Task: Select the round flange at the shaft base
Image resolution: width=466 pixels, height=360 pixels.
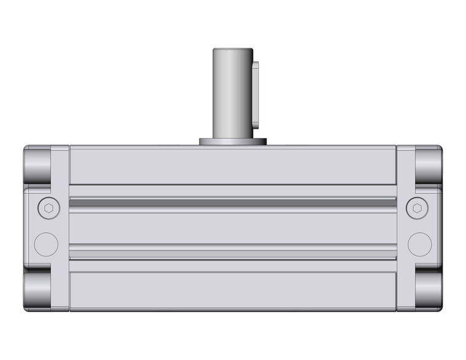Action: [x=233, y=142]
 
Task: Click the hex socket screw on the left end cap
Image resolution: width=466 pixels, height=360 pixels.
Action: [x=48, y=209]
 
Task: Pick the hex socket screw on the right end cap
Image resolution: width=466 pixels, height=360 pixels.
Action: [x=418, y=209]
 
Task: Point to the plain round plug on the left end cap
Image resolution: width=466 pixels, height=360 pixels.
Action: [x=46, y=244]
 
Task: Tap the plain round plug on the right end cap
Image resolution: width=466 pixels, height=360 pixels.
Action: [x=420, y=244]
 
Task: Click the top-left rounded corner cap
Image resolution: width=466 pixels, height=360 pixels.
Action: [x=37, y=164]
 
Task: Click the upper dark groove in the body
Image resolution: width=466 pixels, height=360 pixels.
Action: [x=233, y=202]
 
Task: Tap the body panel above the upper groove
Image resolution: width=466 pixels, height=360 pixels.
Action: [x=233, y=166]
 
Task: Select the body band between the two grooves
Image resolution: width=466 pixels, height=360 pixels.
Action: [x=233, y=227]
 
